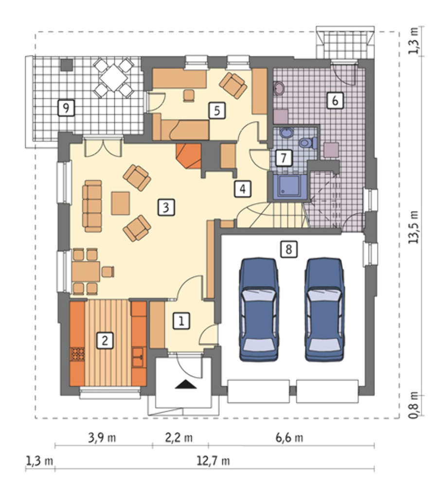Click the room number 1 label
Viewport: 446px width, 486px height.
(x=181, y=321)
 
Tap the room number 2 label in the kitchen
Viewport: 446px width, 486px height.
(x=105, y=341)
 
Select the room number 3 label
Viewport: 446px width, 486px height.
(x=166, y=208)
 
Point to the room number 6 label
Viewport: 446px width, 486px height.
(x=335, y=101)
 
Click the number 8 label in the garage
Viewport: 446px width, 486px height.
(x=289, y=249)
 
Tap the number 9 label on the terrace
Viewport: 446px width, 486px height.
(x=66, y=108)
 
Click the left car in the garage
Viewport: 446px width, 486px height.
(x=258, y=309)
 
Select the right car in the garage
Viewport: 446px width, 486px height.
(x=325, y=309)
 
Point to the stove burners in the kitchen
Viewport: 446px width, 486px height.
(x=77, y=354)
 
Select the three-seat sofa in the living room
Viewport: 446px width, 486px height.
(x=92, y=206)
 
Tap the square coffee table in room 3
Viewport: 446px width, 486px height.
(x=121, y=203)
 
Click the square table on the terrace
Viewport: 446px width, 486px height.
(x=113, y=77)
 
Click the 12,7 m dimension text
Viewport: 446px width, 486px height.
(x=214, y=461)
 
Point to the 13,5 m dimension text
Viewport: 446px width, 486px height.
(x=414, y=227)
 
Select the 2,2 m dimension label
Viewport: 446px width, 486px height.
(x=178, y=438)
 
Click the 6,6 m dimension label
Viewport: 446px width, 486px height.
(x=289, y=438)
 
